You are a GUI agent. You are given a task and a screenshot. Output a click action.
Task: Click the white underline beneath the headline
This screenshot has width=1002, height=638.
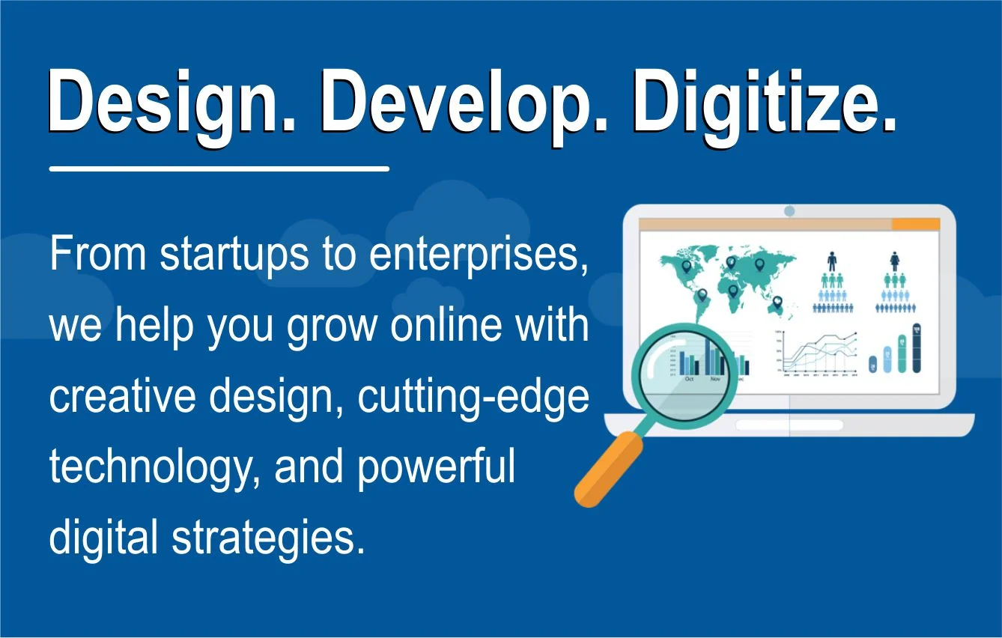[x=219, y=169]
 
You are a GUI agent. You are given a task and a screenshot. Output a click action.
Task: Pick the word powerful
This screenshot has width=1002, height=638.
[x=436, y=469]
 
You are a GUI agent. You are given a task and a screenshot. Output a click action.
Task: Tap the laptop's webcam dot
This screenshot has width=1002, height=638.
[x=789, y=212]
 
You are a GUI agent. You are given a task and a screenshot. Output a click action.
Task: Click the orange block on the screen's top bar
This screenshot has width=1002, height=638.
[x=915, y=224]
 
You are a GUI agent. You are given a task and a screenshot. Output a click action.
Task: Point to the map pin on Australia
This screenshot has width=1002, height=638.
[x=777, y=302]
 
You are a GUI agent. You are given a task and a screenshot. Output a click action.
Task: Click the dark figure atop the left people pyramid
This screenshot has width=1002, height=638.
[x=831, y=261]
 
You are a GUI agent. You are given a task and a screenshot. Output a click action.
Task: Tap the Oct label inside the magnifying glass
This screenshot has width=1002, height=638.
[x=690, y=379]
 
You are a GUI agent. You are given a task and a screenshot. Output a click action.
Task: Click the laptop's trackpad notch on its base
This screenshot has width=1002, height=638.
[x=789, y=425]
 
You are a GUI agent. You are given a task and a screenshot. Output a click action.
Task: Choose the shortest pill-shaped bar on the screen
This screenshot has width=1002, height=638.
[x=872, y=364]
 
